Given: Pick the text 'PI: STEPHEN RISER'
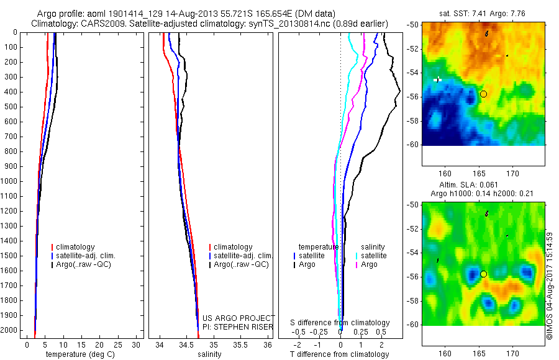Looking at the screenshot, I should coord(239,327).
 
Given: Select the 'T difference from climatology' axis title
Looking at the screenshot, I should coord(339,354).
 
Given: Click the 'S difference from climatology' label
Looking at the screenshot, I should coord(340,323).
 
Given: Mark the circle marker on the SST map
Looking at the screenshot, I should coord(483,94).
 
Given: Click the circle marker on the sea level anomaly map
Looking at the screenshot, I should coord(483,274).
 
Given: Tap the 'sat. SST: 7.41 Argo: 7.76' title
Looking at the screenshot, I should coord(478,12).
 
